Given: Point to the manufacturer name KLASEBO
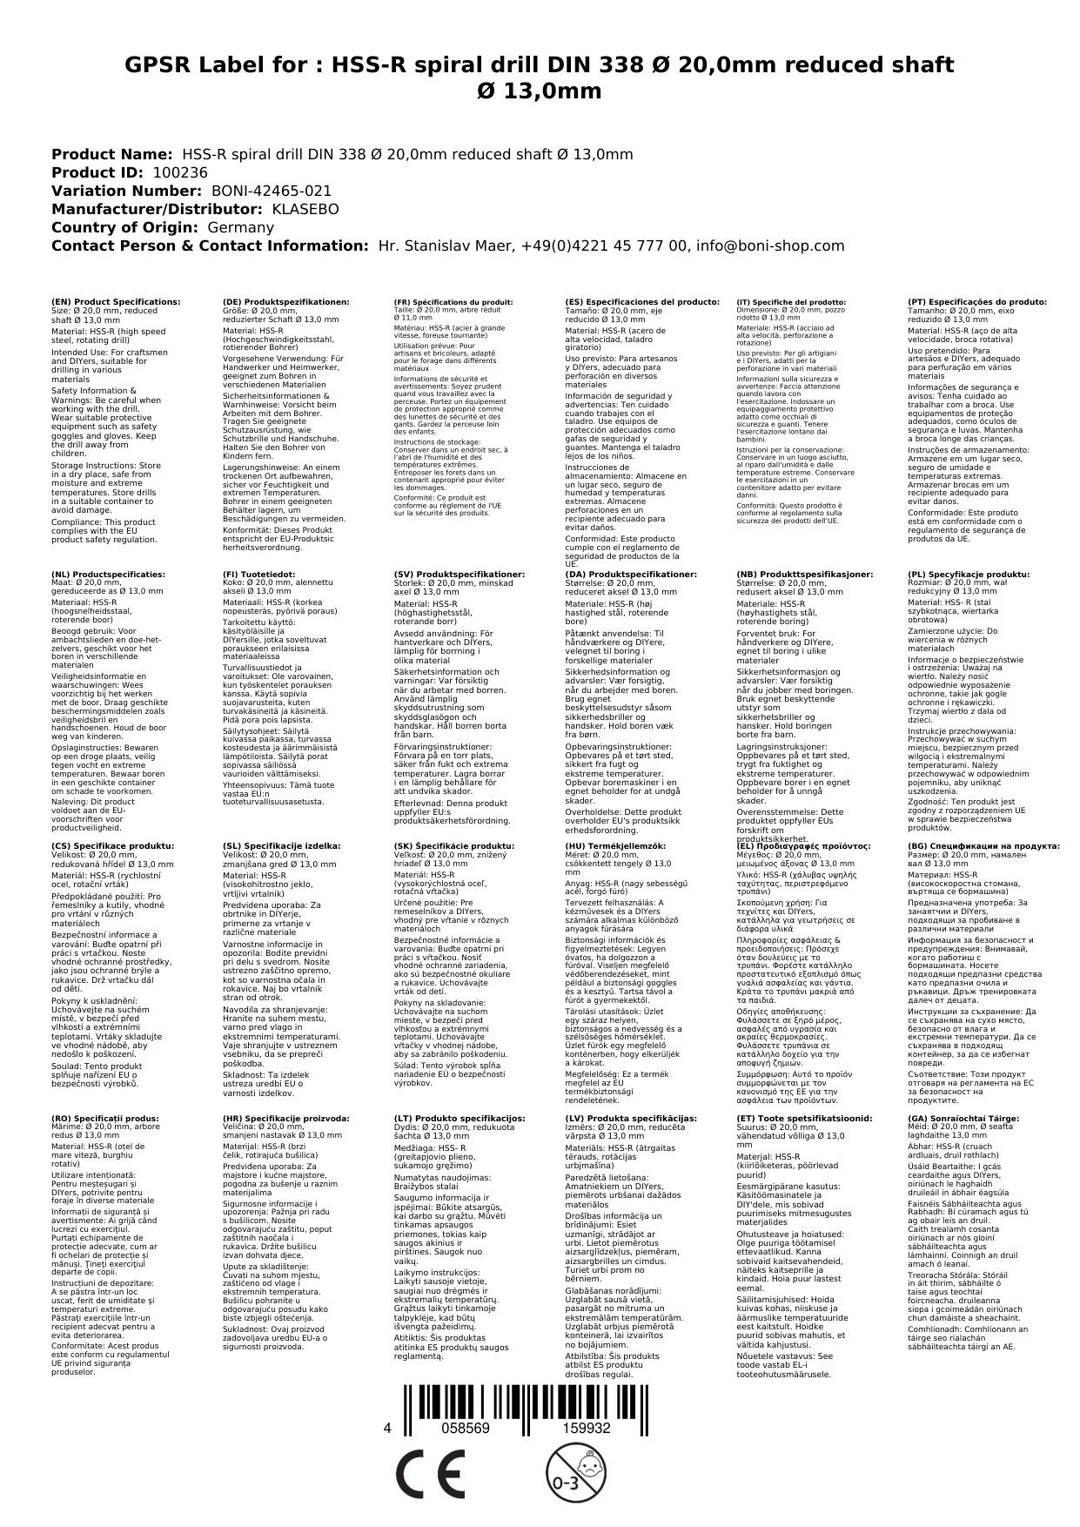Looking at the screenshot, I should coord(305,209).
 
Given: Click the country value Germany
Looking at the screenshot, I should coord(240,227).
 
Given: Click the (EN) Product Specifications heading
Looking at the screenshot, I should coord(117,301).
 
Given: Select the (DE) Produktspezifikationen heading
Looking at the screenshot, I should coord(286,301).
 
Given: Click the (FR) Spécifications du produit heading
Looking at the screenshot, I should coord(453,301).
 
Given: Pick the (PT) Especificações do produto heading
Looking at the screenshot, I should coord(977,301).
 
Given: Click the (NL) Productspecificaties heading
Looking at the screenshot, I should coord(108,575).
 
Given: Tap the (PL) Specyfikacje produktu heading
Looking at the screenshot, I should coord(969,575).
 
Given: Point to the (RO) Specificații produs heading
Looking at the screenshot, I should coord(105,1118).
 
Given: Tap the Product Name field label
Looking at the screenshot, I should coord(112,154).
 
